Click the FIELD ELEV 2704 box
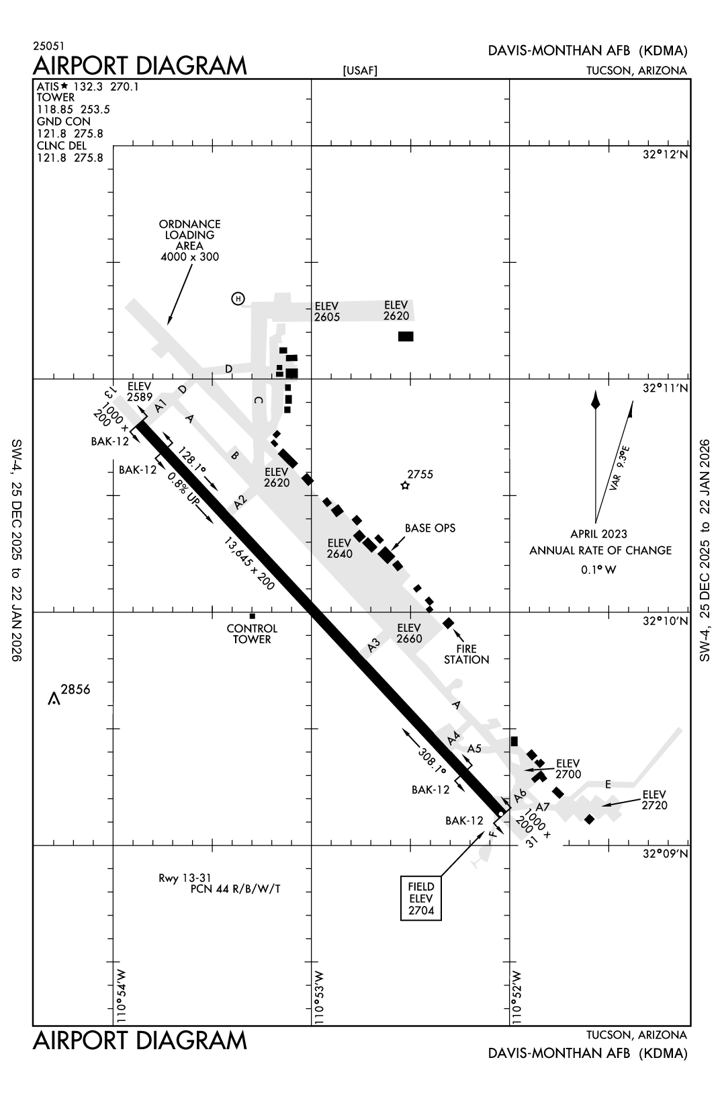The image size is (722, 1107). (x=421, y=898)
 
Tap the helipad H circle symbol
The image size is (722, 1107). (x=238, y=298)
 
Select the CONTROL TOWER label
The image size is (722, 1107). (x=252, y=634)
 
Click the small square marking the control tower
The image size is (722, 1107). (x=253, y=616)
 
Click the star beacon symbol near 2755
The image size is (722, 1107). (x=404, y=485)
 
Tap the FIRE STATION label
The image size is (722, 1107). (x=466, y=654)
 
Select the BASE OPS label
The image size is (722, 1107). (x=430, y=528)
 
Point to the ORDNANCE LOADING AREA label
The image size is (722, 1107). (x=190, y=240)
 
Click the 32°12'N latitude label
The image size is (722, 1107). (x=665, y=155)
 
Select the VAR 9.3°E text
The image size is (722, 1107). (x=619, y=468)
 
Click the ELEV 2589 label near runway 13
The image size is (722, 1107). (x=140, y=391)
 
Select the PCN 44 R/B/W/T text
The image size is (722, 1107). (x=235, y=889)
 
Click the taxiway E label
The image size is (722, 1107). (x=608, y=784)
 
